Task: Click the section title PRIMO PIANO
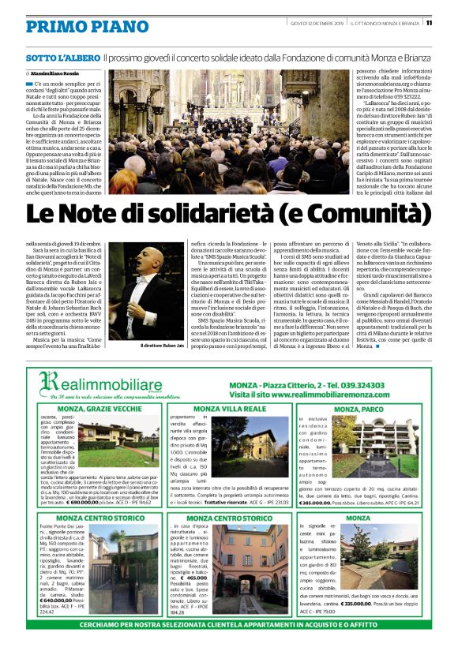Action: click(76, 27)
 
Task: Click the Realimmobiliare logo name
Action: click(114, 381)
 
